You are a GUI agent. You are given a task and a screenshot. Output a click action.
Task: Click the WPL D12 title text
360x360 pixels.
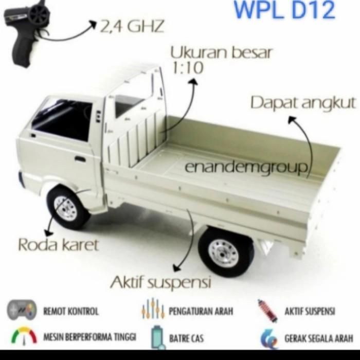[x=284, y=10]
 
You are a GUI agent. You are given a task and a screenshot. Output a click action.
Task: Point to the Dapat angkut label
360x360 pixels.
[x=303, y=103]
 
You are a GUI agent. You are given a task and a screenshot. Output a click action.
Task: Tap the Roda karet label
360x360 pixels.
[x=58, y=245]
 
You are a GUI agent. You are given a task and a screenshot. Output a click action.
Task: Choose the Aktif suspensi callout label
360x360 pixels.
[x=160, y=282]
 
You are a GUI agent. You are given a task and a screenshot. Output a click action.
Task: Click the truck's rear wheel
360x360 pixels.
[x=225, y=252]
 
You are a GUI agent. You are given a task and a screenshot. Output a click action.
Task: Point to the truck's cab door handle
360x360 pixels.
[x=80, y=159]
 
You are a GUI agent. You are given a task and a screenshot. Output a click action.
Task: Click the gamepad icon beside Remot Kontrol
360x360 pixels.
[x=22, y=310]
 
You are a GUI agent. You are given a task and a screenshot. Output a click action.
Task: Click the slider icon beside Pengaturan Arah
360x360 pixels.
[x=153, y=310]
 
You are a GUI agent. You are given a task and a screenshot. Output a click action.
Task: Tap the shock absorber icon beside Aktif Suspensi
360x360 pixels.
[x=268, y=311]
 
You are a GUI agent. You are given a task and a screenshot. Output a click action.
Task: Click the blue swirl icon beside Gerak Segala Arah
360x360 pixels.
[x=268, y=338]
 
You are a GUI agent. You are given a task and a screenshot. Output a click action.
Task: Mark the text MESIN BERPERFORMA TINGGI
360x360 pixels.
[x=90, y=337]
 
